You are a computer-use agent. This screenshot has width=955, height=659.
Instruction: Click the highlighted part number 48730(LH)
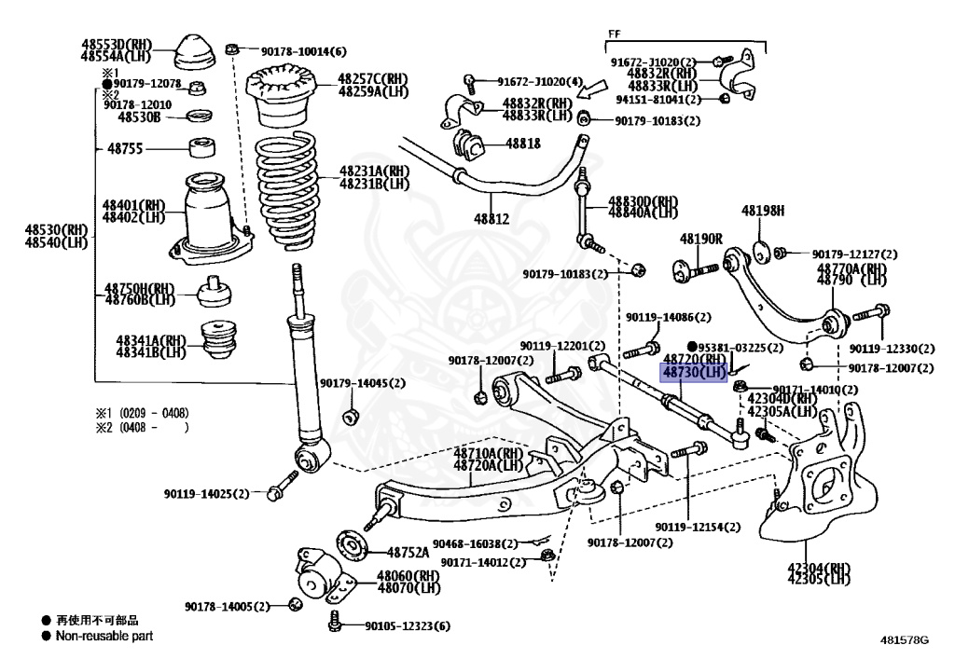tap(694, 372)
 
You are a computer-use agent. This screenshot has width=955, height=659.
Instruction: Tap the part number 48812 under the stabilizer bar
tap(491, 218)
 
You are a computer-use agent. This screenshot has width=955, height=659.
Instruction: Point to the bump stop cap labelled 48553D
tap(195, 53)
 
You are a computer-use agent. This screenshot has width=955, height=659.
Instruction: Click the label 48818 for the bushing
tap(522, 144)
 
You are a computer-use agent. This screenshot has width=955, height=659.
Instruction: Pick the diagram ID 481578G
tap(905, 639)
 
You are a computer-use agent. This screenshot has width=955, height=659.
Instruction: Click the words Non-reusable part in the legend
tap(104, 636)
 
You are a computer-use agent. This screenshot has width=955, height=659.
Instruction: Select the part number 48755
tap(125, 148)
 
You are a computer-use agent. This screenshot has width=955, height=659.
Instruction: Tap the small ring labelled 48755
tap(201, 148)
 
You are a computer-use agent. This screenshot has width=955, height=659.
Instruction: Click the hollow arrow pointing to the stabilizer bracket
tap(592, 89)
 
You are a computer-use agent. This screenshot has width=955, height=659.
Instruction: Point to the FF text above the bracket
tap(615, 34)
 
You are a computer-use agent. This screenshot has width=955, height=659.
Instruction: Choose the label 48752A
tap(408, 553)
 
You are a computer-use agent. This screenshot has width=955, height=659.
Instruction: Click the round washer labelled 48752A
tap(353, 544)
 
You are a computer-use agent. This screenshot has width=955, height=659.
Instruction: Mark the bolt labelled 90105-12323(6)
tap(334, 621)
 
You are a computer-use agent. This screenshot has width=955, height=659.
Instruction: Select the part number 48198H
tap(763, 212)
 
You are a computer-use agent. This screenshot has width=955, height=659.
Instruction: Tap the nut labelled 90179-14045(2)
tap(351, 418)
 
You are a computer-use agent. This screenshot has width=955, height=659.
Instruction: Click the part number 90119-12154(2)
tap(698, 527)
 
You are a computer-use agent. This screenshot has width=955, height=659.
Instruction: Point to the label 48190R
tap(700, 240)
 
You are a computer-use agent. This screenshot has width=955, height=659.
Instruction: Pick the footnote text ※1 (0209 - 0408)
tap(142, 413)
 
